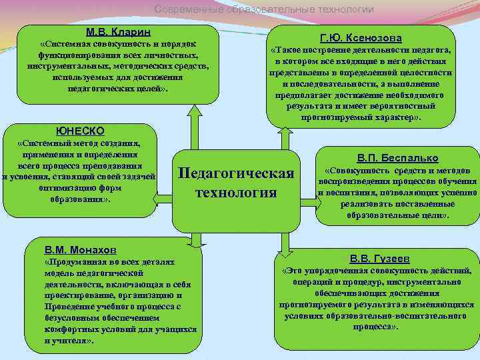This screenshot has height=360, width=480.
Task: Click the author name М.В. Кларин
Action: (118, 32)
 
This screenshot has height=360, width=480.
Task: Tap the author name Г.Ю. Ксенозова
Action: (361, 38)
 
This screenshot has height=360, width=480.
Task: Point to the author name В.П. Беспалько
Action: (397, 158)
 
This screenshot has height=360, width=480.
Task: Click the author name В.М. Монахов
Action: (80, 249)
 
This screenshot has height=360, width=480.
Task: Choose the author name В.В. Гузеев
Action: (379, 258)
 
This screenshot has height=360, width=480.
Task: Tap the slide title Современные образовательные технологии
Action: (264, 9)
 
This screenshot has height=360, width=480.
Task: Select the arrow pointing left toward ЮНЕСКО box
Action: (163, 195)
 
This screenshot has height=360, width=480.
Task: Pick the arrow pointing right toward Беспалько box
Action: (309, 195)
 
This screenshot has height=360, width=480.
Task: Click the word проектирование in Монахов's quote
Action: (73, 295)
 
